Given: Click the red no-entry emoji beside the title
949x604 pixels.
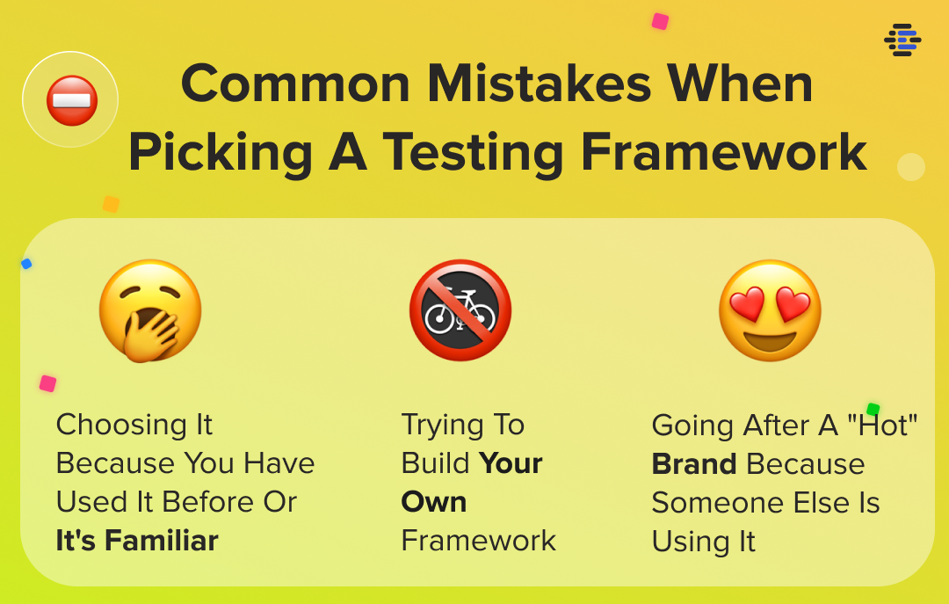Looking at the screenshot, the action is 71,100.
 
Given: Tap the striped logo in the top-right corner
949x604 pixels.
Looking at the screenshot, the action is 902,40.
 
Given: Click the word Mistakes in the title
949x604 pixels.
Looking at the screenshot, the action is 539,84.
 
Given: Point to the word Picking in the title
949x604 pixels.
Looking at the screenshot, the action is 221,153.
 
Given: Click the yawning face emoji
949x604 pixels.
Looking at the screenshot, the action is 150,310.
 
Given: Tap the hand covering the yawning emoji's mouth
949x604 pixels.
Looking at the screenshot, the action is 149,334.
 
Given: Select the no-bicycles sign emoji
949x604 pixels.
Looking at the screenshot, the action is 460,310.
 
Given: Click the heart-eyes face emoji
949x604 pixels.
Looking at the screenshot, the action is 770,310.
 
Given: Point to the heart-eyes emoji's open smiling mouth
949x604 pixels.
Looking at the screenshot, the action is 770,339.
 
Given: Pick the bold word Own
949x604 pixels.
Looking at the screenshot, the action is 434,502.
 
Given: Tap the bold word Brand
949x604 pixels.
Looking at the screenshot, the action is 694,464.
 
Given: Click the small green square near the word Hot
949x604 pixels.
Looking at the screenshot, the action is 873,410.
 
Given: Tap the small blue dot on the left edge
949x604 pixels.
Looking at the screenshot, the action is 26,264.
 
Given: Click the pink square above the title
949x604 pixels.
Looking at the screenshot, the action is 660,21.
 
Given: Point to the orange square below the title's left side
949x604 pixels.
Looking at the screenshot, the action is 111,204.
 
